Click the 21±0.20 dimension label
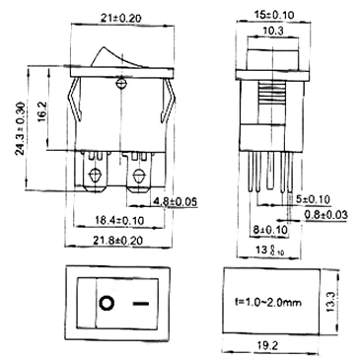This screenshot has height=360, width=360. (x=121, y=18)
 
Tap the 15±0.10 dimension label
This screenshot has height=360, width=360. (x=274, y=15)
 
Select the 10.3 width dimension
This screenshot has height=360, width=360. (x=273, y=31)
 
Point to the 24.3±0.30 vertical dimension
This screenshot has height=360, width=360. (x=21, y=128)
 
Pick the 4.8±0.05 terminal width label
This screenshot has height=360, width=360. (x=174, y=201)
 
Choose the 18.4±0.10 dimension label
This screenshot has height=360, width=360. (x=119, y=220)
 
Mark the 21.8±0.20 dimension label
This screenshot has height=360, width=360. (x=117, y=241)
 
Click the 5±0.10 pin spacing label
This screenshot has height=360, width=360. (x=314, y=199)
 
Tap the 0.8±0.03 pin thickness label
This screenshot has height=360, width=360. (x=325, y=215)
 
